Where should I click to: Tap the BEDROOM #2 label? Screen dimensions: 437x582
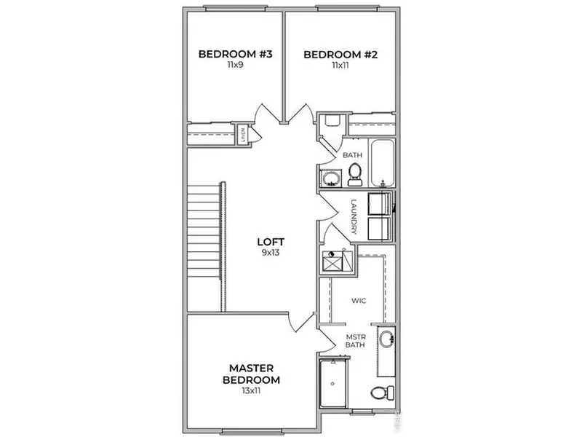click(339, 53)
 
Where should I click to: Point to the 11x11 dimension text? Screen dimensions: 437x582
click(339, 65)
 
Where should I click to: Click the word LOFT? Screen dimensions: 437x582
click(270, 243)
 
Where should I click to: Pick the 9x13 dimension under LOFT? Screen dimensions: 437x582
click(270, 253)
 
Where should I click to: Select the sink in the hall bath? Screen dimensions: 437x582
click(331, 178)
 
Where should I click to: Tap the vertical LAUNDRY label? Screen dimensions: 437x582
click(354, 216)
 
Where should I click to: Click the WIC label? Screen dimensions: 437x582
click(357, 299)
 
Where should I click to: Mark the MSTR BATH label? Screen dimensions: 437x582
click(354, 340)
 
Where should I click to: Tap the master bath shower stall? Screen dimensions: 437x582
click(334, 382)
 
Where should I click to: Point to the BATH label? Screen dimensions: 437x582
click(352, 155)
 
